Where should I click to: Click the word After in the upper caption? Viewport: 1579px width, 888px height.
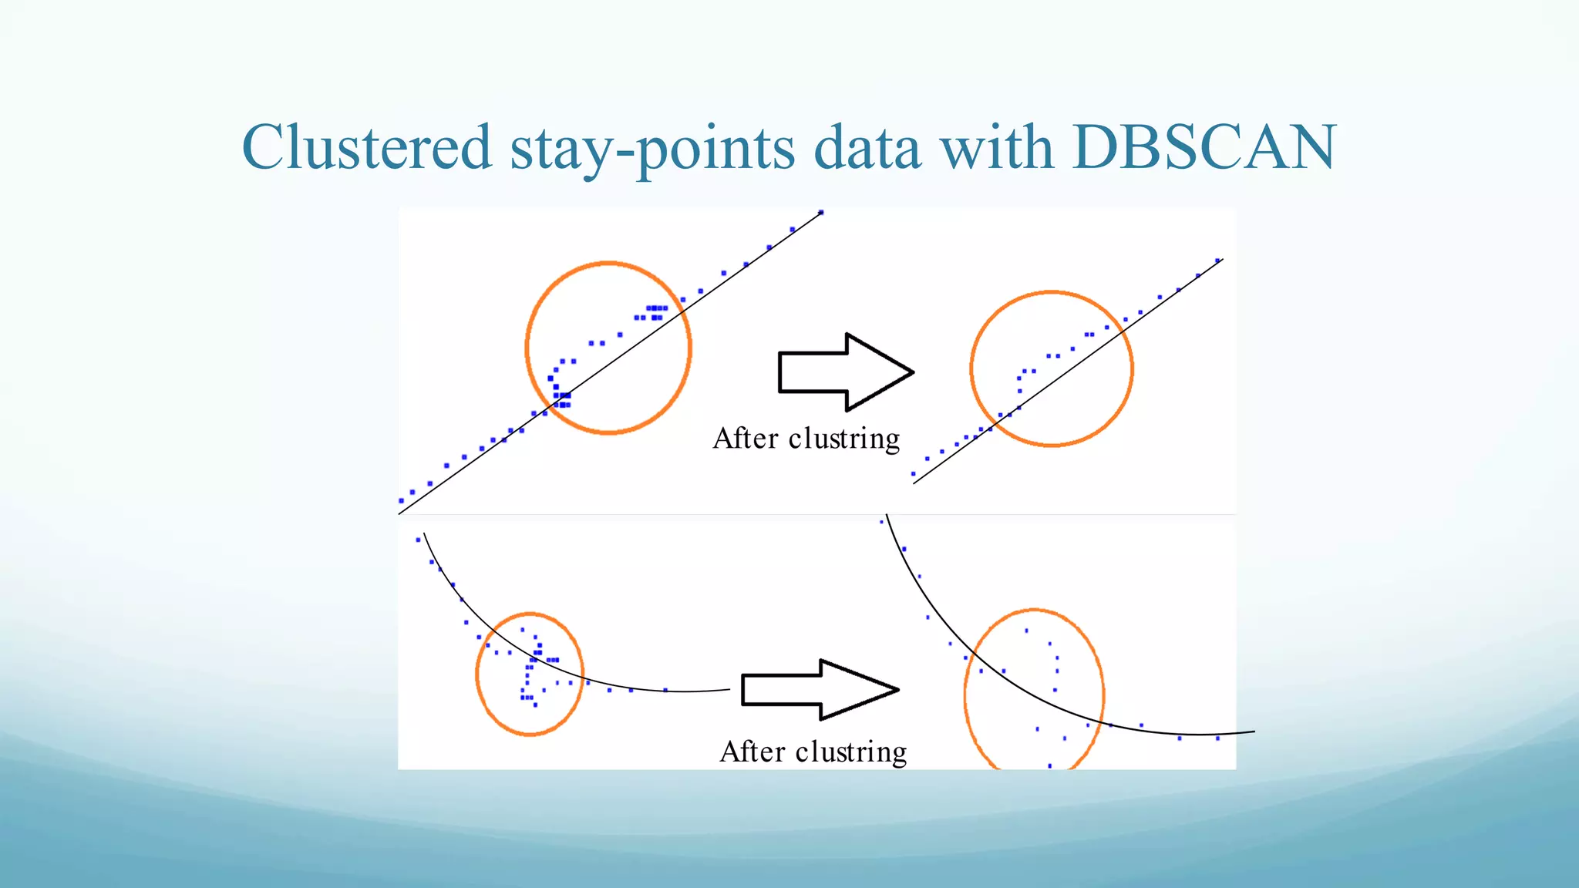[x=746, y=439]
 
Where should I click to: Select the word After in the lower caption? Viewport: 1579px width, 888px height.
[x=752, y=752]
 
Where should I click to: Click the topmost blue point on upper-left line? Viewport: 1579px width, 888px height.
[x=821, y=212]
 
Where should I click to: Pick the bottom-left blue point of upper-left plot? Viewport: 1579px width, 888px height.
[x=401, y=501]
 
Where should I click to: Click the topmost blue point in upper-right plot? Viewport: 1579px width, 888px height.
[x=1217, y=261]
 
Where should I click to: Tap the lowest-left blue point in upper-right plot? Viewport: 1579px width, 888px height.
[x=913, y=474]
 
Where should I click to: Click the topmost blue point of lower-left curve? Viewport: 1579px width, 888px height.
[x=418, y=540]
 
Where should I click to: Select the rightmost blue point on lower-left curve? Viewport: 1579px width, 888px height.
[x=665, y=690]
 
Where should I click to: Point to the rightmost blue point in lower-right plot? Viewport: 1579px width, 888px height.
[x=1217, y=738]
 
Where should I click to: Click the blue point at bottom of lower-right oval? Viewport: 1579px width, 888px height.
[x=1050, y=765]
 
